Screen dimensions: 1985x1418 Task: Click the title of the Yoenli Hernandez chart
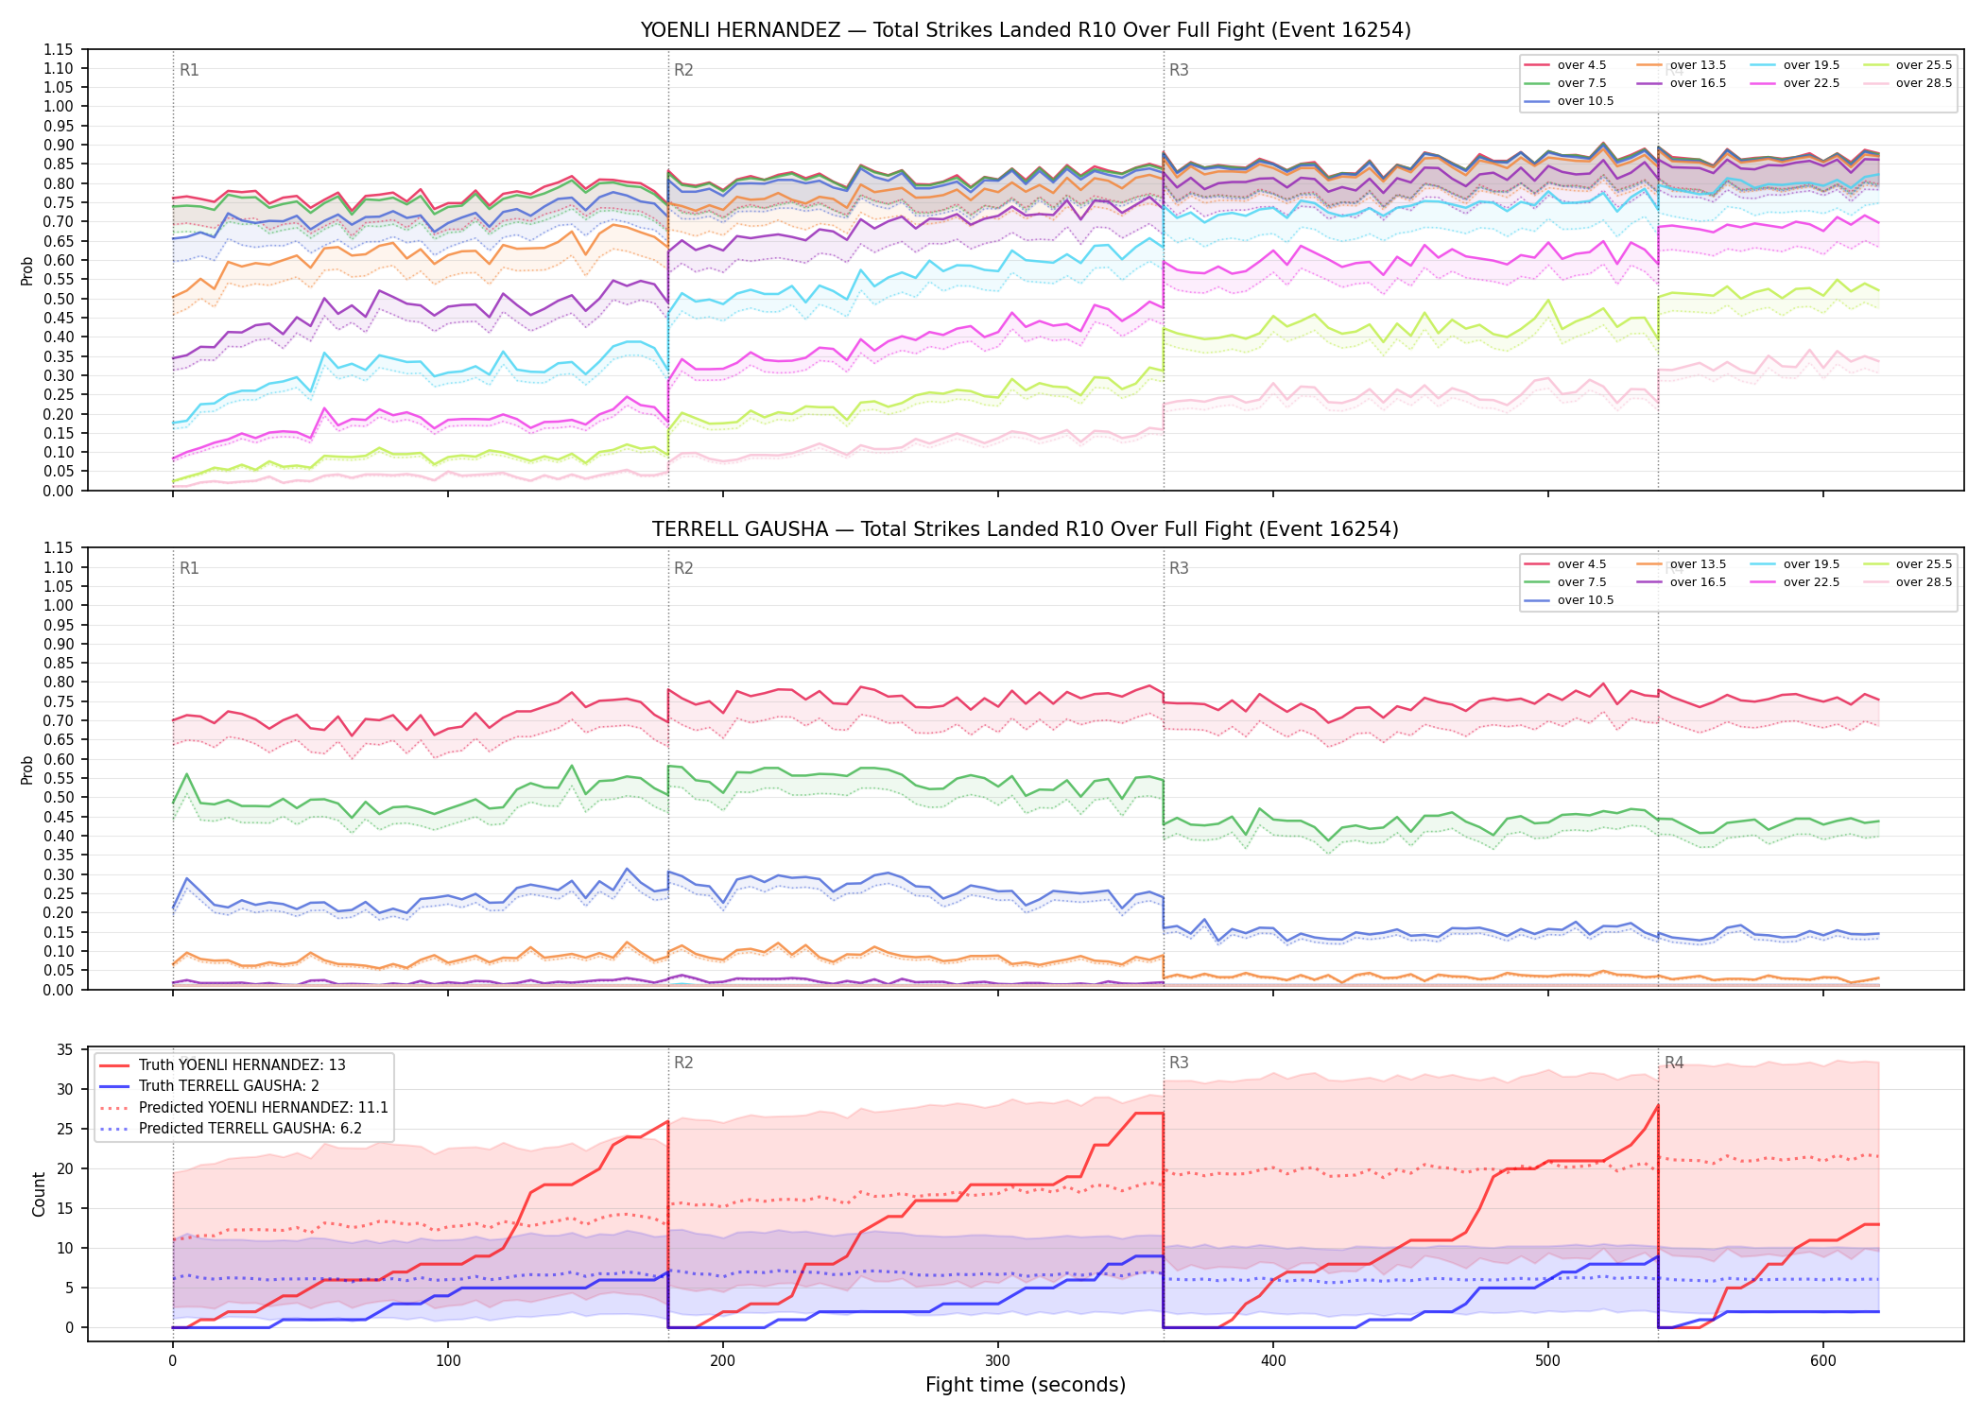click(1026, 30)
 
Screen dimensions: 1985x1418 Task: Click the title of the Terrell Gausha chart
click(1026, 529)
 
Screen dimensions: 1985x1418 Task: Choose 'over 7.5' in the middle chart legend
click(1581, 582)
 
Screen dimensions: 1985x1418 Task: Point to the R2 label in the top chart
click(683, 70)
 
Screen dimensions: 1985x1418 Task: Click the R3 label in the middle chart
click(1179, 568)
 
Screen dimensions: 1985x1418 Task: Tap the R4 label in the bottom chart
click(1674, 1063)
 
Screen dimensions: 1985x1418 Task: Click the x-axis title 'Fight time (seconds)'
click(1026, 1385)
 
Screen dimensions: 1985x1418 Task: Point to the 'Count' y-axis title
click(39, 1194)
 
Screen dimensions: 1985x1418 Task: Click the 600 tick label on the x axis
click(1823, 1361)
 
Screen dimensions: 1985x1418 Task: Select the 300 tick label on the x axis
click(998, 1361)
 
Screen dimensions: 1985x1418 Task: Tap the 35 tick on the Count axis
click(65, 1050)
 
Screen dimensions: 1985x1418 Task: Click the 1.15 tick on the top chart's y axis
click(59, 49)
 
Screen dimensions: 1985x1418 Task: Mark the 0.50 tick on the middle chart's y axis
click(59, 797)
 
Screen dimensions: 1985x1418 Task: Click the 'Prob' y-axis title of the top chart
click(27, 270)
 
